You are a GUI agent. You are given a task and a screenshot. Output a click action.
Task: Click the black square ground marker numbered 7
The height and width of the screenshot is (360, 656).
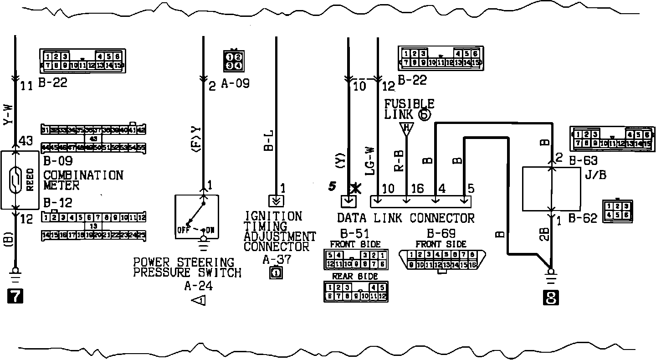click(x=15, y=297)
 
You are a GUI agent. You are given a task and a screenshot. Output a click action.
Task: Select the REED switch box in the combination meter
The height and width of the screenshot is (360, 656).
click(x=21, y=180)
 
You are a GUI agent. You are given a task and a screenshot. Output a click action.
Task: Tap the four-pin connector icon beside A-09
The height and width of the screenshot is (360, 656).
click(x=234, y=61)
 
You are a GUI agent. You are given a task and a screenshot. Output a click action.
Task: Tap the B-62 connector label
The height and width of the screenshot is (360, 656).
click(x=583, y=219)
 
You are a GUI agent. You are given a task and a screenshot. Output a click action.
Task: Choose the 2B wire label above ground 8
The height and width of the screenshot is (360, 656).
click(x=544, y=234)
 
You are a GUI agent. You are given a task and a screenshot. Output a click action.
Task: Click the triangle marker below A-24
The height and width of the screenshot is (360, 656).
click(x=199, y=301)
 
